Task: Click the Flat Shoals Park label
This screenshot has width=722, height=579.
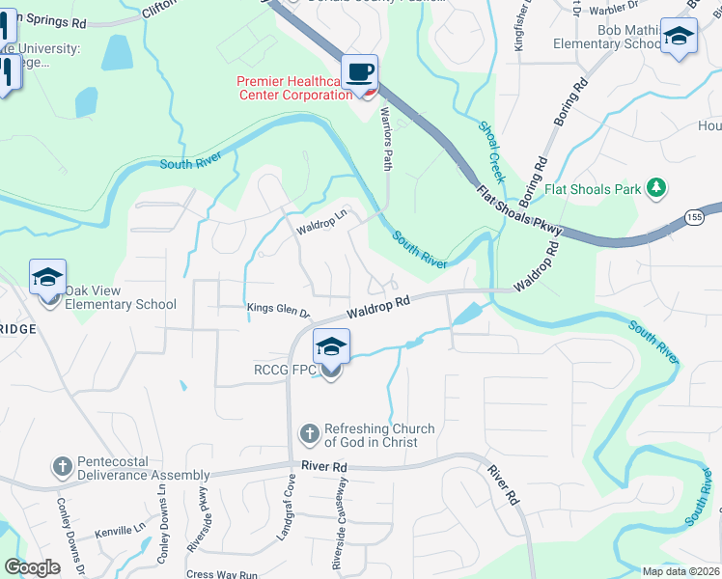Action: coord(593,189)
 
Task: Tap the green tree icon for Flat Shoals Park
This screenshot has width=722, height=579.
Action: coord(656,186)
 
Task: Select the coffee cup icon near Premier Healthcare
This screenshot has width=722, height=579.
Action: coord(359,72)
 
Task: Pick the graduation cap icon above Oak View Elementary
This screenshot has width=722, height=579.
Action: coord(47,277)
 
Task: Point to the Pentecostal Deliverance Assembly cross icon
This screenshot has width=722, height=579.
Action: coord(62,467)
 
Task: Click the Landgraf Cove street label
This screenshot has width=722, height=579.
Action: coord(289,498)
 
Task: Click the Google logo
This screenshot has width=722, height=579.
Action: coord(32,567)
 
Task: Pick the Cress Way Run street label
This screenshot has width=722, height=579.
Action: coord(222,574)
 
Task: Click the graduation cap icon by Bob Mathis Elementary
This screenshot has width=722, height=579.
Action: coord(679,38)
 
